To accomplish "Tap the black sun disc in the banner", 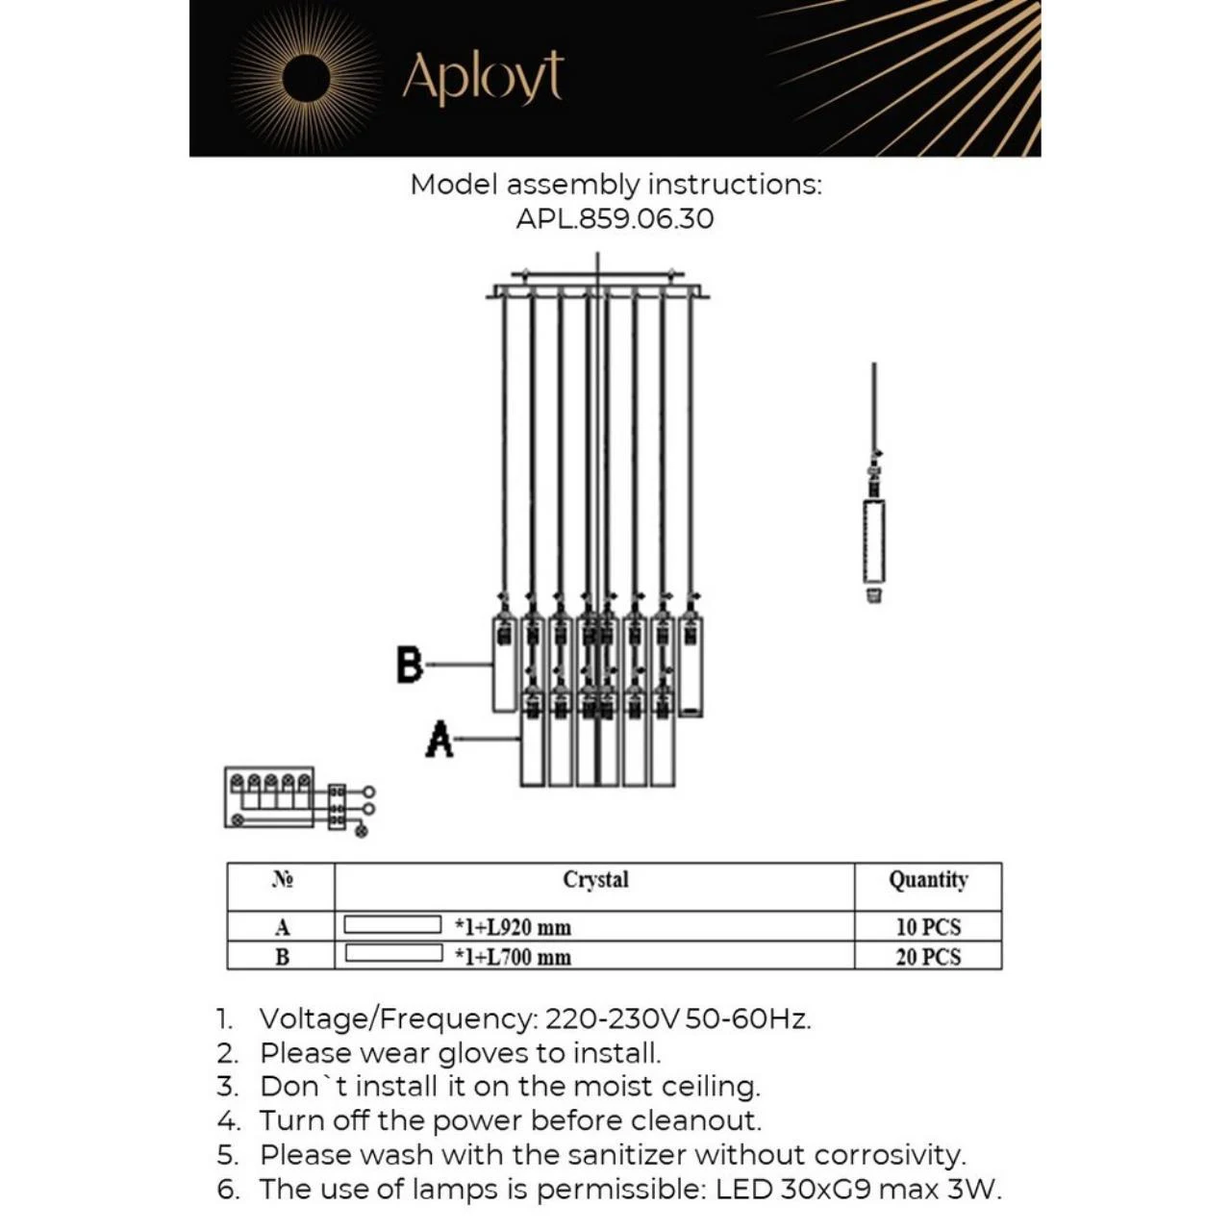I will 307,78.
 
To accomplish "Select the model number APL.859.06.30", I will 615,218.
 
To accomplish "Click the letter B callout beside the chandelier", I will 410,665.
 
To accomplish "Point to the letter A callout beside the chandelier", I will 440,739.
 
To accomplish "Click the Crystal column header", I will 595,880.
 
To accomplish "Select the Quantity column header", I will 928,880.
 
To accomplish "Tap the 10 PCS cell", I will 928,927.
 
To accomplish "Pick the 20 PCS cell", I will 928,957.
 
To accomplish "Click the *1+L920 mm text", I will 513,927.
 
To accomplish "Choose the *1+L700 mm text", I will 513,957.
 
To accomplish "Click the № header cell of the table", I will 282,880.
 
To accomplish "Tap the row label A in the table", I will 282,927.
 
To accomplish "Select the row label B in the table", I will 282,957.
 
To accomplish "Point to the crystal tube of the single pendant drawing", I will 873,540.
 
